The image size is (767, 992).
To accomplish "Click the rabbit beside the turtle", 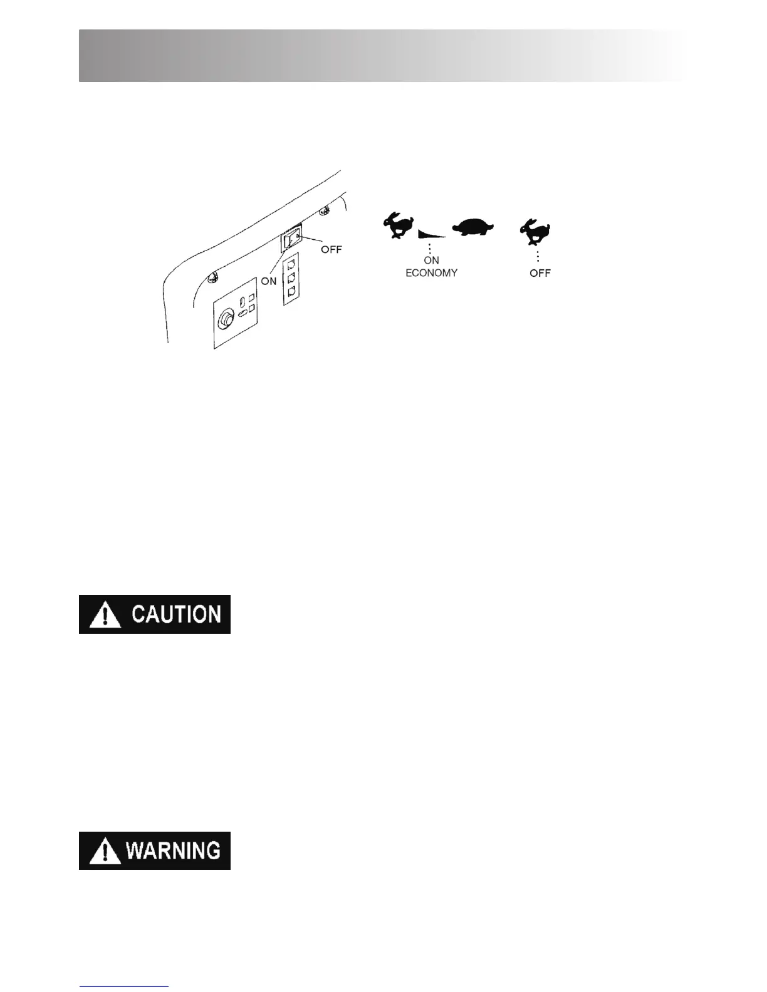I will point(399,225).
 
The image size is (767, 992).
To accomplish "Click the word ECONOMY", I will point(431,273).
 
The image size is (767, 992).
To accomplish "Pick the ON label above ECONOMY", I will point(431,260).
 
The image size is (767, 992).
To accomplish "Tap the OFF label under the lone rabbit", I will point(540,273).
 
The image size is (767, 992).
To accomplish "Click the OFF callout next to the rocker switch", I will point(331,249).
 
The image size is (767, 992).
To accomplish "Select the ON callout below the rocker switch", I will point(269,281).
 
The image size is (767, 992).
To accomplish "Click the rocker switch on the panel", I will point(291,239).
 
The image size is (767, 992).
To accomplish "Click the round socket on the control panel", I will point(225,321).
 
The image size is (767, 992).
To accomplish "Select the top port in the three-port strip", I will point(291,262).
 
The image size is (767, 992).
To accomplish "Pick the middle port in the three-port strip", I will point(291,277).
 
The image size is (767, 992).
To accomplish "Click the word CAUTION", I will point(176,614).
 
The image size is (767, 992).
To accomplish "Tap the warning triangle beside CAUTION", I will point(105,616).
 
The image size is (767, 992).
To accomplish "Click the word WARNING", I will point(173,851).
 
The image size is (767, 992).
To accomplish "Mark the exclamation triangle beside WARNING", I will point(105,852).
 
